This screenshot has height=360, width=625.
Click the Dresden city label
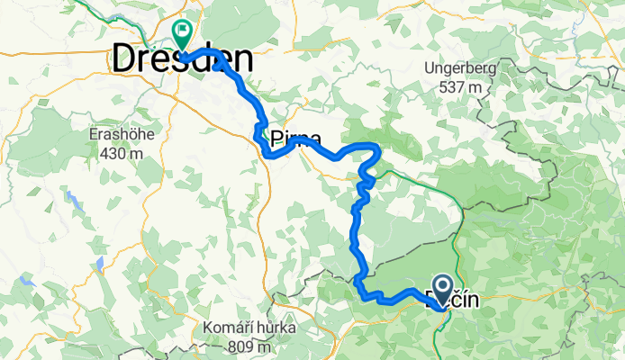181,60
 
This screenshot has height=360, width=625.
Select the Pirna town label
288,139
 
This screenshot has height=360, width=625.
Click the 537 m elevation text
462,87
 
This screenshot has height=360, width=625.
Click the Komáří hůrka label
249,327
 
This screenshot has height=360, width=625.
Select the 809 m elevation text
249,344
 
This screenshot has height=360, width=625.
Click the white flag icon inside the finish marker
184,33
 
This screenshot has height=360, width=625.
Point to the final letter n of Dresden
241,61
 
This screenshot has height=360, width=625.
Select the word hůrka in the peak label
275,327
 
